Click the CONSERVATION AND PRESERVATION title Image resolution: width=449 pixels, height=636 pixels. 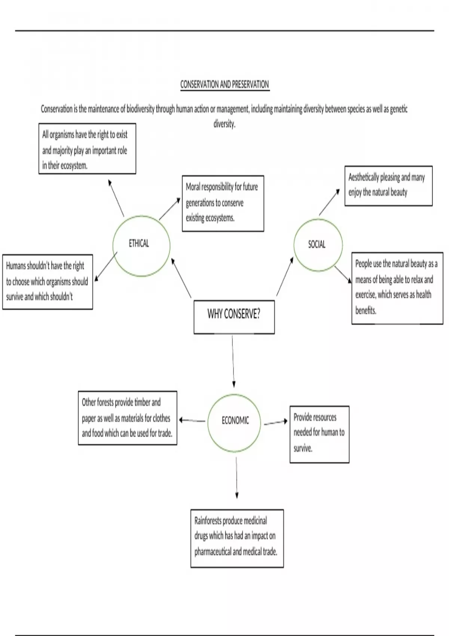[224, 84]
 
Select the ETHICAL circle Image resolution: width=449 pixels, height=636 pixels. [141, 245]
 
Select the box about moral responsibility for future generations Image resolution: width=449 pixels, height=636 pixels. [223, 203]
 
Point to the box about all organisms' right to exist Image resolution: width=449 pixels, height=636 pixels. [87, 149]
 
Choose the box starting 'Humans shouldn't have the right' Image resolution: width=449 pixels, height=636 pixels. [48, 282]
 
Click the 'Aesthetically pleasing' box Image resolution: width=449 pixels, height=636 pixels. [388, 186]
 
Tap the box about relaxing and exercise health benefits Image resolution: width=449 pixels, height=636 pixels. [397, 288]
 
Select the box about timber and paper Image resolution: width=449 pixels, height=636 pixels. [127, 418]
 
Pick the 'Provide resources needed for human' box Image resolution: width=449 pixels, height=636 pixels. [319, 434]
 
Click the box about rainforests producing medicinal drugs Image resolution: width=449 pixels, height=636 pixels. [237, 538]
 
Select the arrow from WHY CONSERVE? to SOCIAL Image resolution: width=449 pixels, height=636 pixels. [285, 276]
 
